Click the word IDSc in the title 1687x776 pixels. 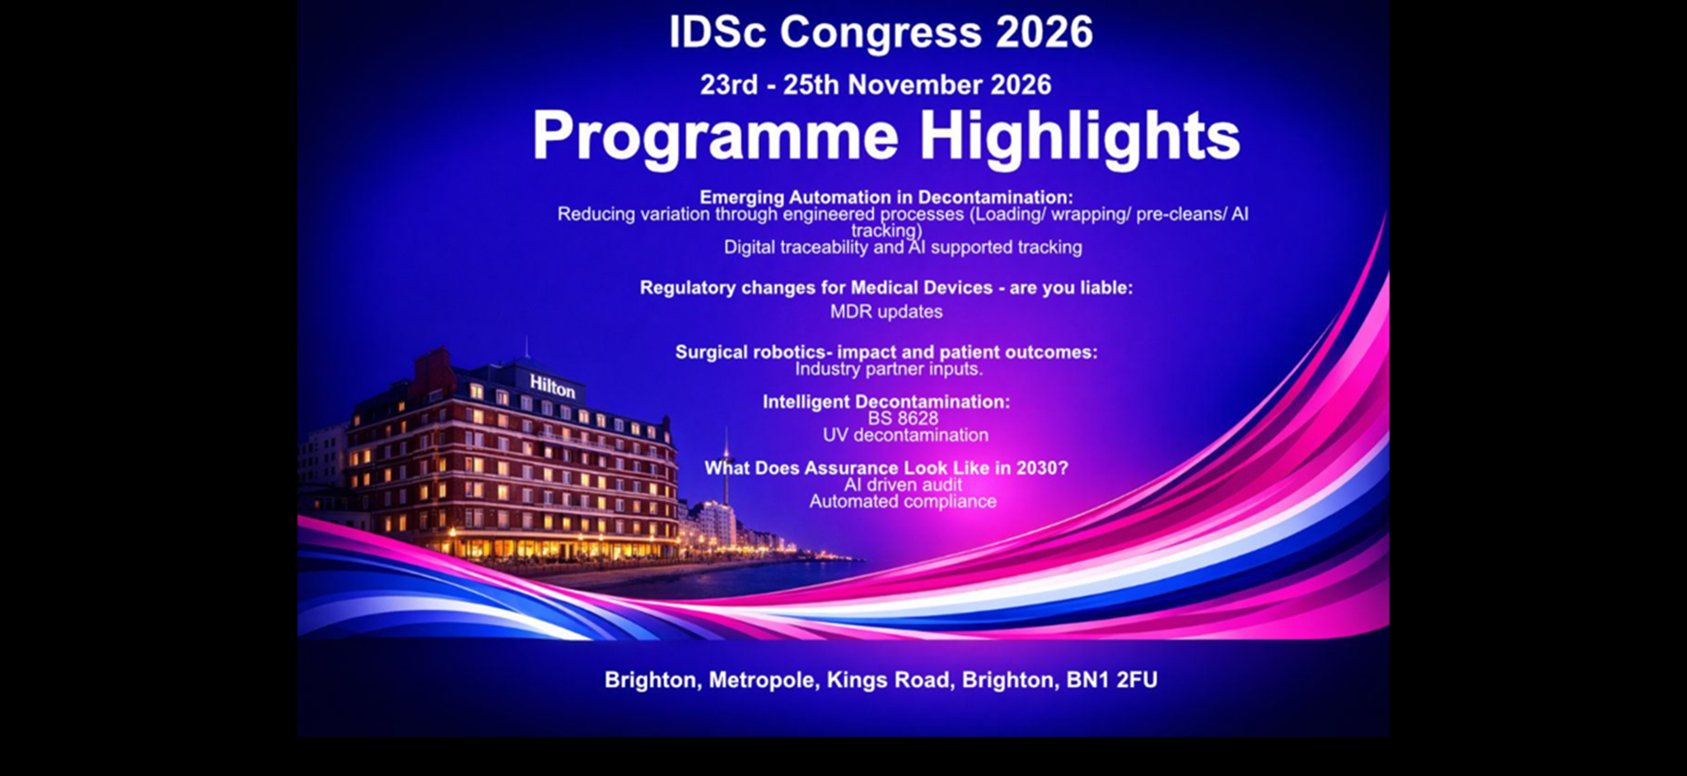[717, 33]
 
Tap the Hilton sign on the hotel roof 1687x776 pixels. [552, 386]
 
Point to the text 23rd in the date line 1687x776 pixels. [729, 85]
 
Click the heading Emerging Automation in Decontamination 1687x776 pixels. [886, 197]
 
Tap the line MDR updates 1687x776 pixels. [886, 311]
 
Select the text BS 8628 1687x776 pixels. [903, 418]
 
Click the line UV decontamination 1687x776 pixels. [905, 435]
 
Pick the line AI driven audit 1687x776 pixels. [903, 484]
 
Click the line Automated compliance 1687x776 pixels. [903, 501]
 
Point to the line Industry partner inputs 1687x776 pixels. [889, 369]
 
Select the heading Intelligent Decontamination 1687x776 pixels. [886, 402]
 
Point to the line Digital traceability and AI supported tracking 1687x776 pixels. [903, 247]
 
